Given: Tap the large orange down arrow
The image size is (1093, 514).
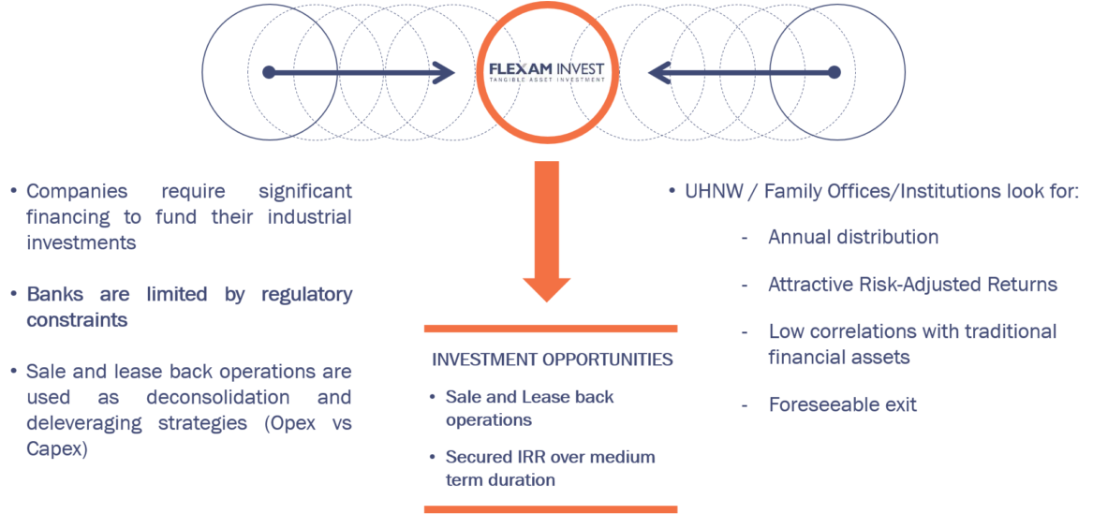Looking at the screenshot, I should coord(546,239).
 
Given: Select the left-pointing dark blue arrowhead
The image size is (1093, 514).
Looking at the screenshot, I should coord(658,72).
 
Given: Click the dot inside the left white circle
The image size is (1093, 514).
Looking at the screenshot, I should coord(269,72).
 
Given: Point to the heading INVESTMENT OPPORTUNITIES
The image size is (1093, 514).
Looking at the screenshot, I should coord(552,360).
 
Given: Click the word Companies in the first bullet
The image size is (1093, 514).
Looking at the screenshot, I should coord(77,192).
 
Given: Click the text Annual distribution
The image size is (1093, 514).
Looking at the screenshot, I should coord(852,237).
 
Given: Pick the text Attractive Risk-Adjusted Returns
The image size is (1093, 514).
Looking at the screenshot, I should coord(912,284).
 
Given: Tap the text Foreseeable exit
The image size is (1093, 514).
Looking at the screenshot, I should coord(842,404).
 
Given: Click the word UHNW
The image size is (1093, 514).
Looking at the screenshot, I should coord(713,192).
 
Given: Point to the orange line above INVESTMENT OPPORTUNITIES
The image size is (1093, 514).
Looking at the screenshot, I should coord(551,329).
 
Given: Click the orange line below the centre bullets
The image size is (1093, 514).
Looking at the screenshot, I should coord(551,509).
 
